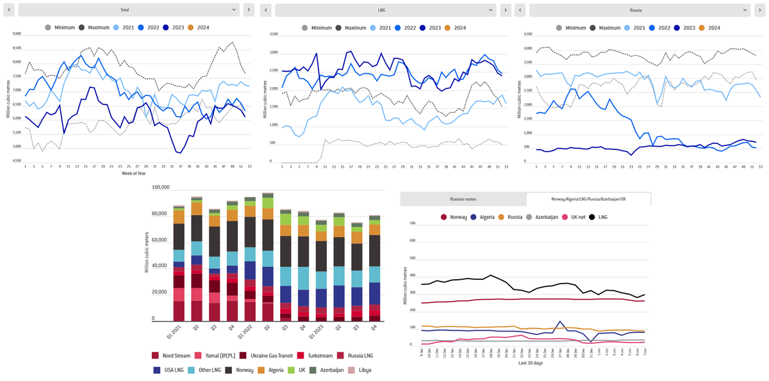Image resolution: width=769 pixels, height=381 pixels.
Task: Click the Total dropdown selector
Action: [124, 10]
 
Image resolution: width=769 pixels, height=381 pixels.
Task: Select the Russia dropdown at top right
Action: [640, 10]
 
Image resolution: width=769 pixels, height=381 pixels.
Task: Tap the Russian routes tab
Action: [463, 199]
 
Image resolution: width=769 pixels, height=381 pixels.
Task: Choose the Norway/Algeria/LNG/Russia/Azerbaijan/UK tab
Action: [588, 199]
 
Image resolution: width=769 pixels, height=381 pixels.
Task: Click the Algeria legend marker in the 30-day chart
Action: [474, 217]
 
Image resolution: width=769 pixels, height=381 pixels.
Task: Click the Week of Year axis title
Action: [135, 174]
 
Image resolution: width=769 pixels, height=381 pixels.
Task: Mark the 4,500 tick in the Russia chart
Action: [529, 34]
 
